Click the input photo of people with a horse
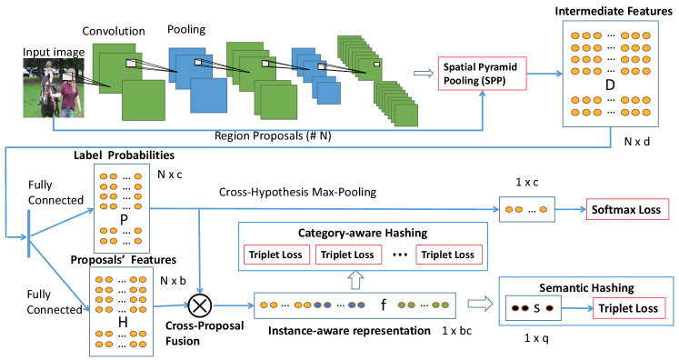click(x=54, y=88)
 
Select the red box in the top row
click(x=482, y=74)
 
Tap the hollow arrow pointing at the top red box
click(x=424, y=74)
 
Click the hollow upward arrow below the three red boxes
click(x=355, y=279)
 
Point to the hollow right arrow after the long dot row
click(x=480, y=304)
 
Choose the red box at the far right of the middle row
click(x=627, y=209)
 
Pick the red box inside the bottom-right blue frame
click(x=629, y=307)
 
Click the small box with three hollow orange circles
click(x=533, y=308)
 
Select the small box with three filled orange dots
click(x=526, y=209)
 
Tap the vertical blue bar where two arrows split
click(x=29, y=234)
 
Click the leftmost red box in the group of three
click(x=276, y=255)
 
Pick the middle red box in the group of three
click(x=348, y=255)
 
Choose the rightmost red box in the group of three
click(x=449, y=255)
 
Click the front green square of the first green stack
click(x=144, y=100)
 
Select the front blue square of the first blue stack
click(x=209, y=95)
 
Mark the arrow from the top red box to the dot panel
click(x=544, y=74)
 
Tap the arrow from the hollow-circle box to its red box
click(x=577, y=308)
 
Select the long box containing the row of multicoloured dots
click(x=354, y=305)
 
